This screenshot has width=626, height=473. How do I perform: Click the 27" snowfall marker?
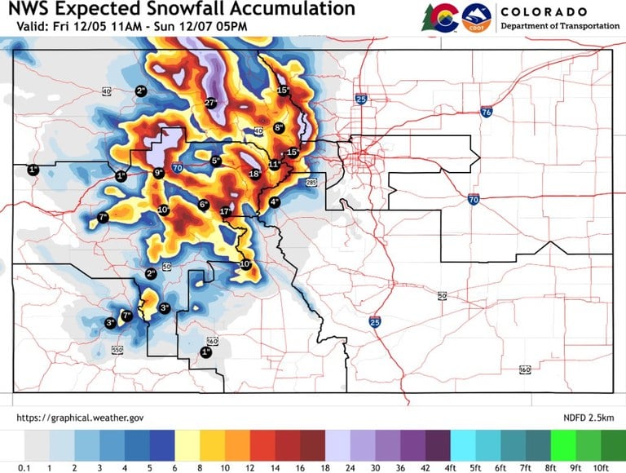[210, 103]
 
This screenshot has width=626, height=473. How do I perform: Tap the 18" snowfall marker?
[254, 174]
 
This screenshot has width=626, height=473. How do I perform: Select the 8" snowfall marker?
[278, 127]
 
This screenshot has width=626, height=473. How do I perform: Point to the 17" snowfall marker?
[226, 212]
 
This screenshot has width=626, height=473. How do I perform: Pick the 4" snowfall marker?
[274, 201]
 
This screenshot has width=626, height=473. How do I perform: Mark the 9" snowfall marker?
[159, 173]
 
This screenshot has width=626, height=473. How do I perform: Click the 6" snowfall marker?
[204, 205]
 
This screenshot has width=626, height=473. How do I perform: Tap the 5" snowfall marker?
[216, 161]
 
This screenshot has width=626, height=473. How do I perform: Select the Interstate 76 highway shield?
[486, 112]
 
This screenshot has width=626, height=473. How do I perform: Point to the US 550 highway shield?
[117, 350]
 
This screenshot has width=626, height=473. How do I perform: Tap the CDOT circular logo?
[475, 16]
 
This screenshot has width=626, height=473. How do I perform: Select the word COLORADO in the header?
[544, 12]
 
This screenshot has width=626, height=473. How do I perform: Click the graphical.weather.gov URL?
[80, 418]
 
